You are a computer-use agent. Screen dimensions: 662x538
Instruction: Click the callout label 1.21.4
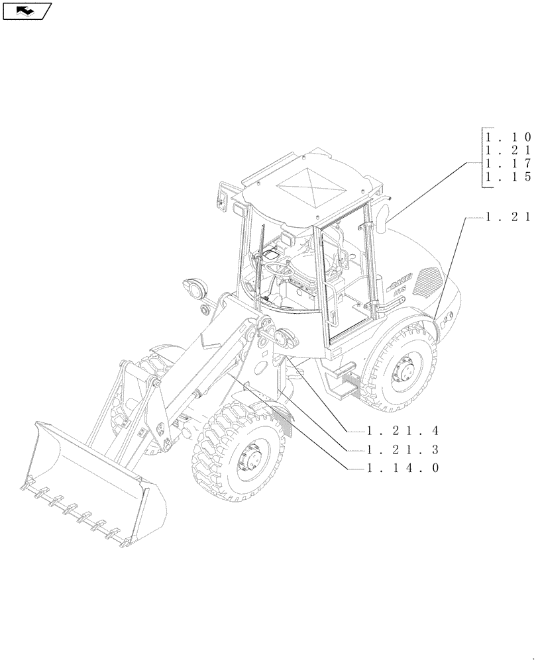[x=403, y=431]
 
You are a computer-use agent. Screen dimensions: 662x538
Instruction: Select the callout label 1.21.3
[x=403, y=449]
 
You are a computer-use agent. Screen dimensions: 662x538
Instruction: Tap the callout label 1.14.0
[x=403, y=468]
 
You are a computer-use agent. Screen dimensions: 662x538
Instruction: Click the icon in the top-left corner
[x=27, y=11]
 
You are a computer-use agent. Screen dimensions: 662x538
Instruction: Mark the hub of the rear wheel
[x=405, y=369]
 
